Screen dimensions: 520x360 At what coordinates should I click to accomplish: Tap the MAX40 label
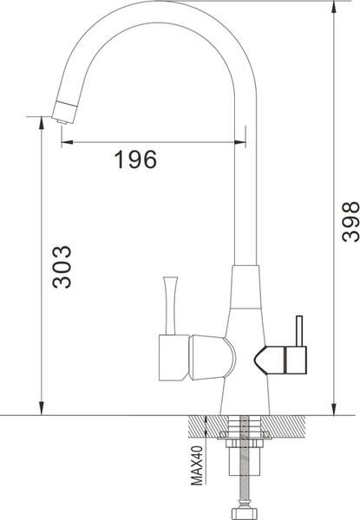point(198,466)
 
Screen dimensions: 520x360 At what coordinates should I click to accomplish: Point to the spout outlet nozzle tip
point(63,113)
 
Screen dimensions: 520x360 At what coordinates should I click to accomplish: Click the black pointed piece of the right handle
point(265,358)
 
